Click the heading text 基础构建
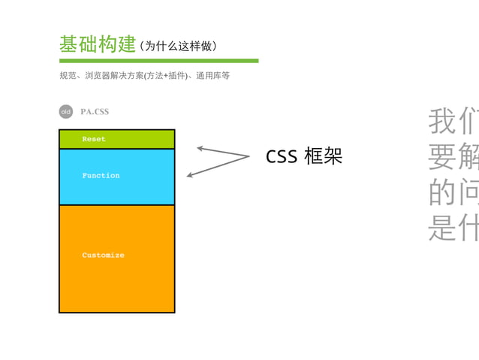tap(98, 44)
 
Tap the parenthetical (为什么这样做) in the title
tap(179, 47)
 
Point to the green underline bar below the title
tap(158, 61)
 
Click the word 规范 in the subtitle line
tap(68, 76)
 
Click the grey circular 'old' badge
tap(66, 112)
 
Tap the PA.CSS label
tap(95, 112)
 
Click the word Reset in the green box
tap(94, 139)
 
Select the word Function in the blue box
tap(101, 175)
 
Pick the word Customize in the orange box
tap(103, 256)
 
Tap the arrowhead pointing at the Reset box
tap(200, 148)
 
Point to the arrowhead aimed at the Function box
tap(190, 175)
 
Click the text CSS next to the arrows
tap(282, 156)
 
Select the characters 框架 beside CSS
tap(324, 156)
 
